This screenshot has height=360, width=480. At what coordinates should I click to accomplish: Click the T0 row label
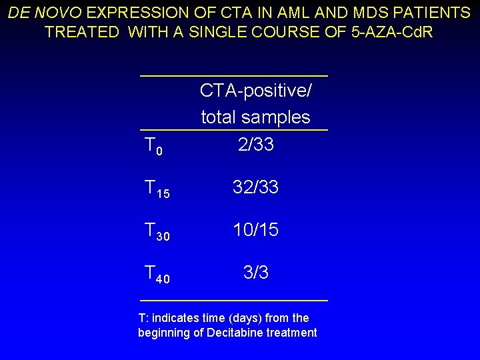click(x=153, y=146)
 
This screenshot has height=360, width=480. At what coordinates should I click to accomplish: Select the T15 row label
click(x=157, y=189)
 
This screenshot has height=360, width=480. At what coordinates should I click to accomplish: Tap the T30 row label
click(x=157, y=232)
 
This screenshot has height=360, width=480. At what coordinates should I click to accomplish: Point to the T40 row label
click(x=157, y=275)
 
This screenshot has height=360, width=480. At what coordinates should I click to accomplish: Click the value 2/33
click(x=256, y=145)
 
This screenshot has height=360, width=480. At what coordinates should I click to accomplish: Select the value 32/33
click(x=256, y=187)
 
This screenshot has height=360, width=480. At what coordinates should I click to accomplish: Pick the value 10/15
click(x=256, y=230)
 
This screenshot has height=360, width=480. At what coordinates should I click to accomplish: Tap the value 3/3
click(x=256, y=273)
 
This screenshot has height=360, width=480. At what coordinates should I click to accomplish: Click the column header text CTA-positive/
click(x=256, y=91)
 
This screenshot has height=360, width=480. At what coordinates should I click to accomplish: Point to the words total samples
click(x=256, y=117)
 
